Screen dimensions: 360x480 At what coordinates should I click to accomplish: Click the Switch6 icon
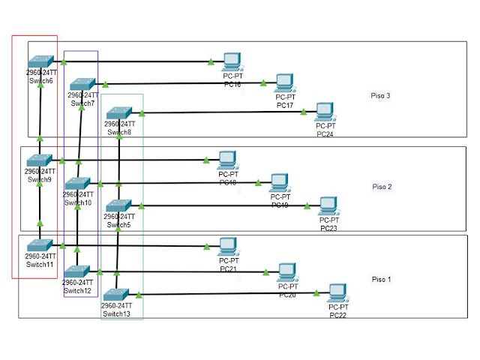coord(40,62)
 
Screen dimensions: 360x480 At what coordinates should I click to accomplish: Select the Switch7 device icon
coord(82,85)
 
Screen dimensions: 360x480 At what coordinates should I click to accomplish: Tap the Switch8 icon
coord(118,114)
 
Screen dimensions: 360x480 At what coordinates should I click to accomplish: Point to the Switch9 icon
coord(39,160)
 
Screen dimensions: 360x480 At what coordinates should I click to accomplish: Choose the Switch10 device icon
coord(77,184)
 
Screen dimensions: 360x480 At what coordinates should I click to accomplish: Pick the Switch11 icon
coord(40,245)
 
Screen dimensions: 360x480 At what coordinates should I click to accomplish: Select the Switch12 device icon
coord(77,271)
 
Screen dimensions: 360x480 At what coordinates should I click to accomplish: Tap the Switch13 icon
coord(116,295)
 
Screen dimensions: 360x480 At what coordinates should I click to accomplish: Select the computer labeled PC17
coord(283,83)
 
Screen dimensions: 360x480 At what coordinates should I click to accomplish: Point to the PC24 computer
coord(324,112)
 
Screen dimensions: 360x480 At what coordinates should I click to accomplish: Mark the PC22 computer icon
coord(338,293)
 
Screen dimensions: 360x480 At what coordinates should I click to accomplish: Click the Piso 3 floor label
coord(382,96)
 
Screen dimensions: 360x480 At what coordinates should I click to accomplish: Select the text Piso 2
coord(382,187)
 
